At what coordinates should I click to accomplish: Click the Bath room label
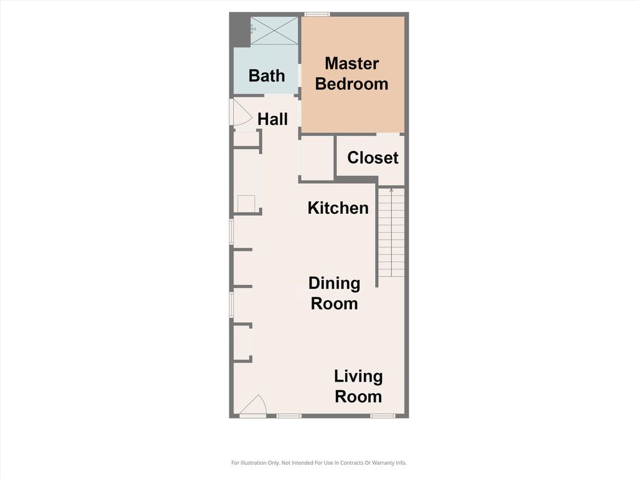[267, 75]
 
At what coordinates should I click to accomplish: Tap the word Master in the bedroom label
[351, 64]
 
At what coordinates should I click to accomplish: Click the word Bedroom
[351, 84]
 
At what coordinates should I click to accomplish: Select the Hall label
[272, 119]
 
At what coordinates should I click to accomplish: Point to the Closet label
[373, 158]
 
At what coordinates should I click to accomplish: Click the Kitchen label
[338, 208]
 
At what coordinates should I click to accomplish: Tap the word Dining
[334, 284]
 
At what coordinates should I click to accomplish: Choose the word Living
[358, 377]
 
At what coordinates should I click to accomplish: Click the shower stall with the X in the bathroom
[274, 31]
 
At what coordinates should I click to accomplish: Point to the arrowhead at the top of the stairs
[391, 190]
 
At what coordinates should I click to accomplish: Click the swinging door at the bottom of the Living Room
[254, 406]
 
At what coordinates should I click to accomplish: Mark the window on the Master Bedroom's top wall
[317, 14]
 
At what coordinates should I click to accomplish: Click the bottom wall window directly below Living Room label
[383, 415]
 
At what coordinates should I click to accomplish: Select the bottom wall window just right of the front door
[288, 415]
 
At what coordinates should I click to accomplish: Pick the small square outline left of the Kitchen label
[246, 203]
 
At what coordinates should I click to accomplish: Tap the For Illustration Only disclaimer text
[318, 463]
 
